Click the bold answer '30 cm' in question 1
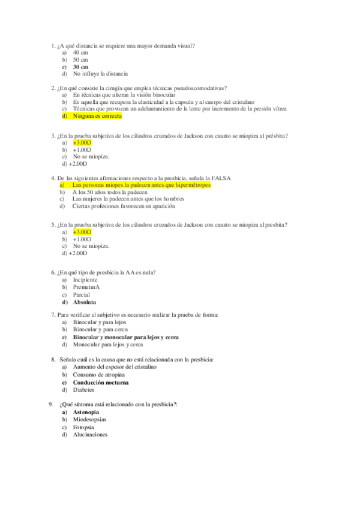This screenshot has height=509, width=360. point(80,67)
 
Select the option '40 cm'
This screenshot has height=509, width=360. point(80,53)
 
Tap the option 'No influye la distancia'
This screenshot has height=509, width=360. point(100,74)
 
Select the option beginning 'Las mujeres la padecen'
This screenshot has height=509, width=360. point(128,199)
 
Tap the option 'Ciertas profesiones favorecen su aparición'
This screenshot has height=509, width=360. point(124,206)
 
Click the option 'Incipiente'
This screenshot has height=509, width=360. point(85,280)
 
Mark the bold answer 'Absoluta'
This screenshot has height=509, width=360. point(84,303)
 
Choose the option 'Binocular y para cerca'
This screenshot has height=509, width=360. point(101,330)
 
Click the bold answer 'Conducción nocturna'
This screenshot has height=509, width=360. point(100,382)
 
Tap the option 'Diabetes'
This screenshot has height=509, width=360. point(83,390)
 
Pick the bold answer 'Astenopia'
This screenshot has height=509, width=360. point(86,412)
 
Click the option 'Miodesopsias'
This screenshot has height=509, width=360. point(89,420)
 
